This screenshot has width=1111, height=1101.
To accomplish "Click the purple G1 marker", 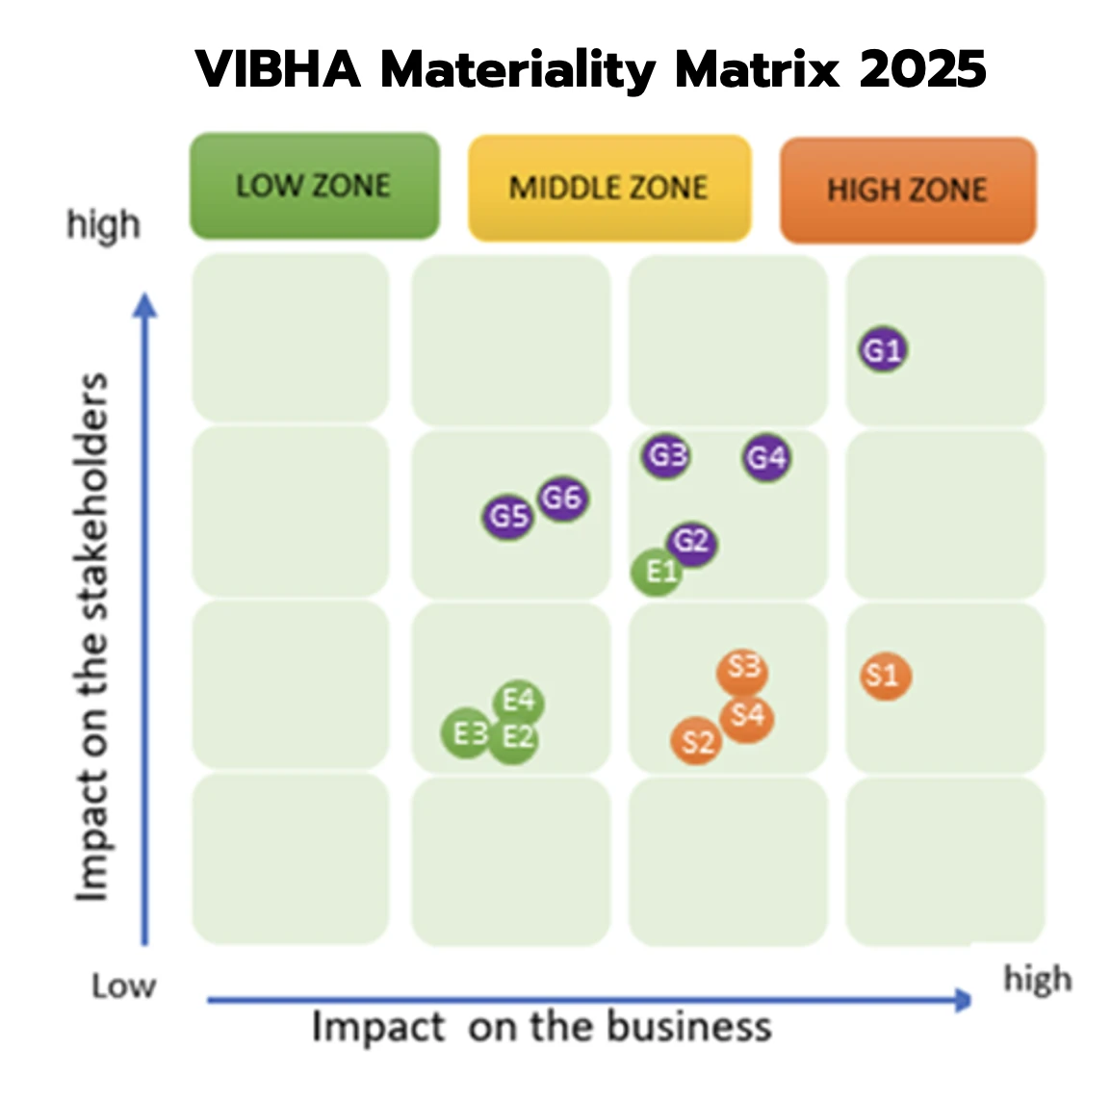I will pos(883,349).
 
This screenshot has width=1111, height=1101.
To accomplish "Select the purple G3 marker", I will pos(666,454).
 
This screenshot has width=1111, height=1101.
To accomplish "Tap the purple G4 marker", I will pos(766,457).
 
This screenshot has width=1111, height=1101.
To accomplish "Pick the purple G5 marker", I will pos(508,517).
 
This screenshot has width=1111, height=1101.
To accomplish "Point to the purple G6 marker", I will pos(562,498).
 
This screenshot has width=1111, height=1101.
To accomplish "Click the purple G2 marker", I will pos(692,542).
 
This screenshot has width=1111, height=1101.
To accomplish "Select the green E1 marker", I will pos(658,573).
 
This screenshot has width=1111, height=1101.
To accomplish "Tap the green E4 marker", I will pos(519,701).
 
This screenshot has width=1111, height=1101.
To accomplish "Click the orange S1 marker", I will pos(885,676).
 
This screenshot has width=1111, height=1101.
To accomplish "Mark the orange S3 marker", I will pos(743,668).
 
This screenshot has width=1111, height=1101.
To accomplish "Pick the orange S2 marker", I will pos(697,741).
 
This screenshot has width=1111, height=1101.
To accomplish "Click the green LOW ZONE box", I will pos(315,186).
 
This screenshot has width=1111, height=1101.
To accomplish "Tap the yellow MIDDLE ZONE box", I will pos(608,188).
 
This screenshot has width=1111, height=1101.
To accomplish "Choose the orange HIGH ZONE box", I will pos(907,190).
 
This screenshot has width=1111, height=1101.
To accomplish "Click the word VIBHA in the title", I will pos(278,69).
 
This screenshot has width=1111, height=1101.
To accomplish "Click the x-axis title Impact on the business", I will pos(541,1027).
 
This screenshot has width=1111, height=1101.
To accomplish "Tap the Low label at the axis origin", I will pos(123,986).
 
